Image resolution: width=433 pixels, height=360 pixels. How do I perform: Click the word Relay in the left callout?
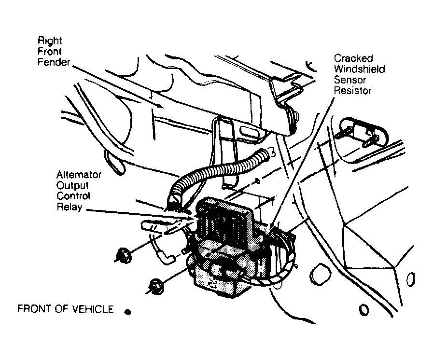click(69, 207)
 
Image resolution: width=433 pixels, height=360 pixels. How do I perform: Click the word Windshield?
click(359, 69)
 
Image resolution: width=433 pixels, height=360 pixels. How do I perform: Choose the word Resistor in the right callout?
click(353, 91)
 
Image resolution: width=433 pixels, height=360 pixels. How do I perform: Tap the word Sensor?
click(350, 80)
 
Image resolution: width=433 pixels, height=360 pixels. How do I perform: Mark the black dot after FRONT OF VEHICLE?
click(127, 312)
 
